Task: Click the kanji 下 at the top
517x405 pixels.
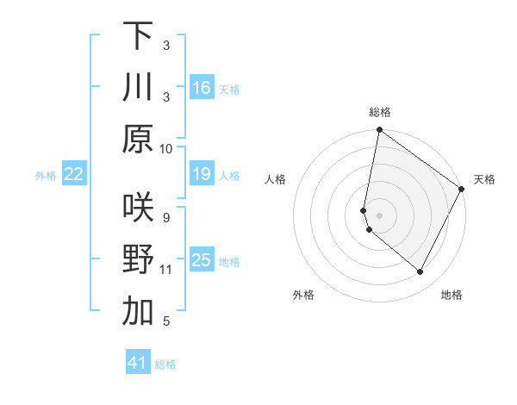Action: coord(138,35)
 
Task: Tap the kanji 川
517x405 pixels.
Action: coord(138,87)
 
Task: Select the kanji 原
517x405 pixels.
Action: coord(138,139)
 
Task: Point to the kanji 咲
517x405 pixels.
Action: coord(138,208)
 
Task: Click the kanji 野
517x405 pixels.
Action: coord(138,259)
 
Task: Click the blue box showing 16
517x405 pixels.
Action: coord(202,87)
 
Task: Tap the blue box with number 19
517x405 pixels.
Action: coord(202,175)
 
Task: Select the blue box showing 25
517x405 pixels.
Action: coord(202,260)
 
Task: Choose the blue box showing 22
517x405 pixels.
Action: coord(74,175)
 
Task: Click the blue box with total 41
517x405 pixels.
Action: coord(138,363)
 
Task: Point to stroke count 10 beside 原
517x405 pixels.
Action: coord(166,149)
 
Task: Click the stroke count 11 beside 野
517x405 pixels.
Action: coord(166,270)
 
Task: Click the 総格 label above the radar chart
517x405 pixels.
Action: coord(380,112)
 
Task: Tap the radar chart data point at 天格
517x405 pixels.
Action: coord(462,190)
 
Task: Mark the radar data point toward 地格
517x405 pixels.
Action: coord(420,272)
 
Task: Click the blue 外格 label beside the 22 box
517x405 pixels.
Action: coord(46,176)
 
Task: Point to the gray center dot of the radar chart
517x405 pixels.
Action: coord(380,215)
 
